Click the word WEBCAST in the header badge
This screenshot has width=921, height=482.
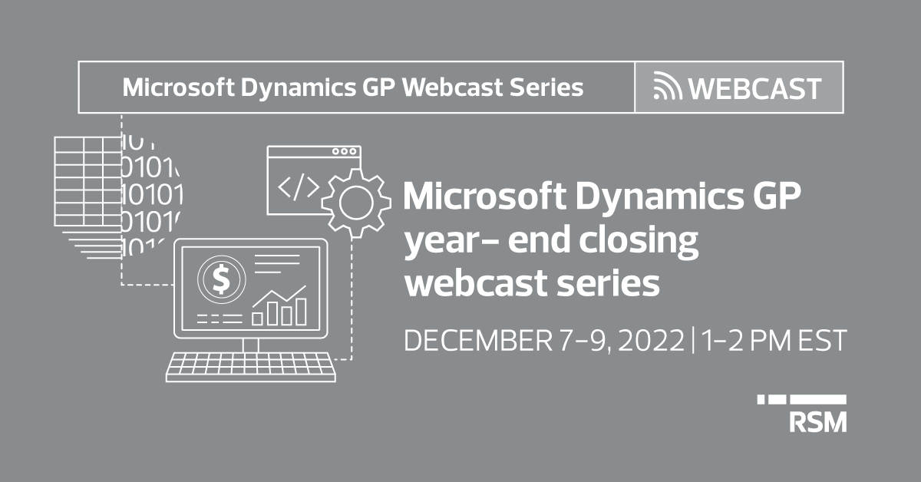point(755,88)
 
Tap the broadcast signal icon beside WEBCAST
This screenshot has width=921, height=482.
point(667,85)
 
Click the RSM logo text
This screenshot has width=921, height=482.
point(818,422)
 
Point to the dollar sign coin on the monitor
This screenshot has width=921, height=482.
point(222,279)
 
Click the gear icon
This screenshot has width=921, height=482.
point(356,203)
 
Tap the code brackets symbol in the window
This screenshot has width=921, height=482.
point(299,187)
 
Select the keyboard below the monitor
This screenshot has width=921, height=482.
point(251,367)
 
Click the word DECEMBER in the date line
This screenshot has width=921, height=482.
point(477,341)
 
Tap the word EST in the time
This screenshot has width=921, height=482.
point(822,341)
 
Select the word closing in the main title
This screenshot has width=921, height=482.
point(639,242)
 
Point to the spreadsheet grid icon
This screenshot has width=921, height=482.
point(88,182)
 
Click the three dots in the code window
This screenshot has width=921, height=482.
point(344,151)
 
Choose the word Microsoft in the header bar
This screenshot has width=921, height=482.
point(178,87)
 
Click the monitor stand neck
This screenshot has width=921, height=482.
point(251,345)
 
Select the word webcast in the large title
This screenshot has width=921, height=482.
point(476,283)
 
